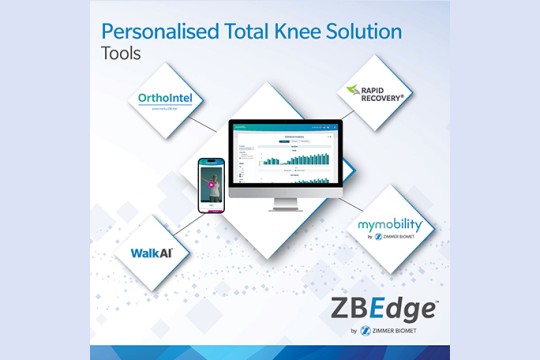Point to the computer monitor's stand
[x=284, y=207]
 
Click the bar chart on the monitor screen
[x=290, y=158]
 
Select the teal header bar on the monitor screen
[x=285, y=126]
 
